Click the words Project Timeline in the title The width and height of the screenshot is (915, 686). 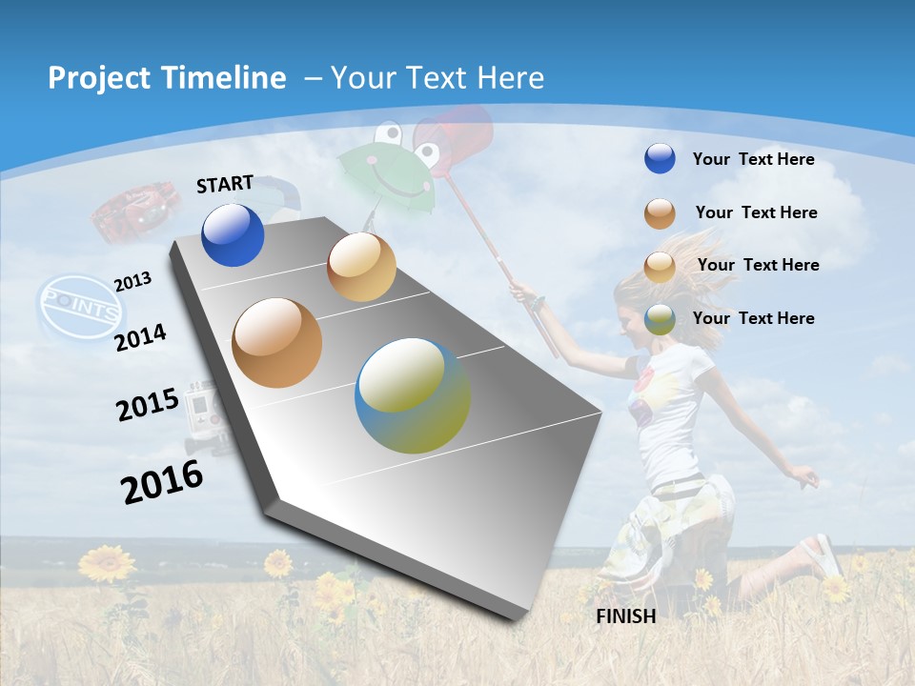coord(167,78)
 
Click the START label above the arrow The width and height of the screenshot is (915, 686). coord(225,184)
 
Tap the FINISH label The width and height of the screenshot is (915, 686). coord(626,616)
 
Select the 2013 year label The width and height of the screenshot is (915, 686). coord(132,281)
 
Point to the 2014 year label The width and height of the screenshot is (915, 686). coord(140,337)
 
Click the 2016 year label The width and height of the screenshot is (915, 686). coord(162,481)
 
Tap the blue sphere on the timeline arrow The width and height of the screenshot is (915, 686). coord(233,235)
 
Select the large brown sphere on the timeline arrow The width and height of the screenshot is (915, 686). coord(276,343)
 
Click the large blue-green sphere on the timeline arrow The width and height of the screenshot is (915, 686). coord(413,395)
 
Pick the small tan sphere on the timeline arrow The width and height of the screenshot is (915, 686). coord(361,267)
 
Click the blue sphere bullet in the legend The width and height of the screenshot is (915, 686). coord(660,159)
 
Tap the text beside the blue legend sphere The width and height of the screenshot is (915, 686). coord(753,159)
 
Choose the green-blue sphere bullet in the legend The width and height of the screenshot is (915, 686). coord(660,319)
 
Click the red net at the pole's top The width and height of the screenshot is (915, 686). coord(456,139)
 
